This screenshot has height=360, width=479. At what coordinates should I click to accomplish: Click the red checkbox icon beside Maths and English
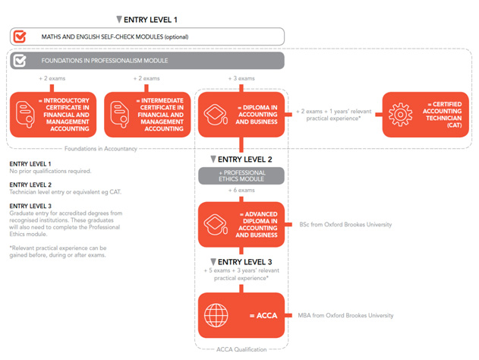click(20, 36)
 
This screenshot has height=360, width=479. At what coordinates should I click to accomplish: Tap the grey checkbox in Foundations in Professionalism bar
click(20, 61)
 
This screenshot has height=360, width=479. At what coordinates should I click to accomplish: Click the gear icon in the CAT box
click(400, 115)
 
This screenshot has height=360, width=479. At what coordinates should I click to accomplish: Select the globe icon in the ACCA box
click(216, 315)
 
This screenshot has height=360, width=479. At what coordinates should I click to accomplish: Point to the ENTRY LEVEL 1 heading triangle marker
click(119, 20)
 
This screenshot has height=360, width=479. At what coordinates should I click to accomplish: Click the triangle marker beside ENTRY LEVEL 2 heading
click(213, 159)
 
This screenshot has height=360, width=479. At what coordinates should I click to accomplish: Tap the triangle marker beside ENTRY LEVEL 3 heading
click(213, 262)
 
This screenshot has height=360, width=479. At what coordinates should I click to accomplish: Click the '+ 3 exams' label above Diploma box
click(241, 78)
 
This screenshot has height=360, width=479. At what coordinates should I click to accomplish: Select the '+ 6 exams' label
click(241, 190)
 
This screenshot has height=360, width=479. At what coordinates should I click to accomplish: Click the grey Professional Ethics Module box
click(241, 175)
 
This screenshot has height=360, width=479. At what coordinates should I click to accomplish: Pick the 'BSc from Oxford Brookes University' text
click(345, 225)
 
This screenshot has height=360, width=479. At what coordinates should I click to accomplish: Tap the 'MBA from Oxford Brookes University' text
click(345, 315)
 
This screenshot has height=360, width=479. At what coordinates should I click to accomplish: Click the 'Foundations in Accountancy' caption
click(101, 149)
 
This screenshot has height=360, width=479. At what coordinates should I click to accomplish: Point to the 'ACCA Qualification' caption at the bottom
click(241, 349)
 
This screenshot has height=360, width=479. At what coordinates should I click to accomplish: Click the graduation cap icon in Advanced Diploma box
click(216, 225)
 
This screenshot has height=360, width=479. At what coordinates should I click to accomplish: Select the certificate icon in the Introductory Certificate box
click(25, 115)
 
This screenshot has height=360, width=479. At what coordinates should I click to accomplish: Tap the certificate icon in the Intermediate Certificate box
click(119, 115)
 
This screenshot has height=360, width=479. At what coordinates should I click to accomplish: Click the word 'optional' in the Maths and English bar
click(176, 37)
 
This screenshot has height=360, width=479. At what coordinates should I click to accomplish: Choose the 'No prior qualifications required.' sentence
click(50, 171)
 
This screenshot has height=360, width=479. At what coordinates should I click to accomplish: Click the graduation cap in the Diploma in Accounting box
click(216, 115)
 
